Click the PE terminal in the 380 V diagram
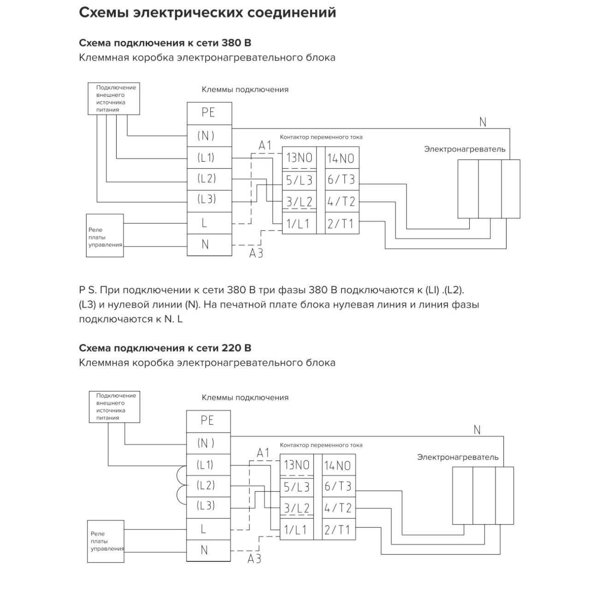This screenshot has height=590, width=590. [x=209, y=113]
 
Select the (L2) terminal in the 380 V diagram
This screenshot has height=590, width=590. [x=209, y=179]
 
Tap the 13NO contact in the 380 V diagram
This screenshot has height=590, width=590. [x=299, y=158]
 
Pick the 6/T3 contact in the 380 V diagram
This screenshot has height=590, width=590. [x=342, y=179]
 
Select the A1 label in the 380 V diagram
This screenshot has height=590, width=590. [x=265, y=146]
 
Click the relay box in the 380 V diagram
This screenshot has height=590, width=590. [x=105, y=236]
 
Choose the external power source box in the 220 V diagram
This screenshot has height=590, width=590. [x=114, y=407]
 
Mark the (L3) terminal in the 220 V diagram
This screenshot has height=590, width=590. [x=208, y=505]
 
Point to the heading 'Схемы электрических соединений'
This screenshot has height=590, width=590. [x=207, y=13]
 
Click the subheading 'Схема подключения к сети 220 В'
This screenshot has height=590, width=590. [x=165, y=348]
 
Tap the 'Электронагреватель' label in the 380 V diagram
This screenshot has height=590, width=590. [x=465, y=149]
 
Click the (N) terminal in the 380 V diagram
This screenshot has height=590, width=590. [x=209, y=136]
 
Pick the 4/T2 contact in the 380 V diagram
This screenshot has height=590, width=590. [x=342, y=201]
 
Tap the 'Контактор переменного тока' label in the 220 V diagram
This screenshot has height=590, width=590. [x=321, y=445]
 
